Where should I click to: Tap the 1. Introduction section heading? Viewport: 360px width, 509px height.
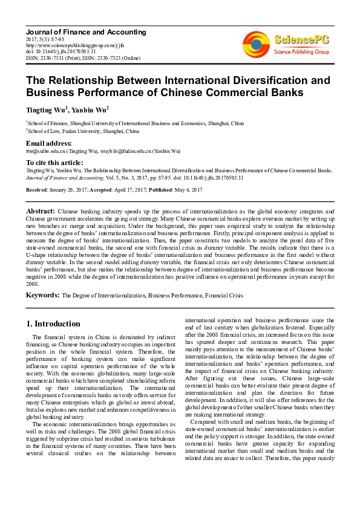pos(54,323)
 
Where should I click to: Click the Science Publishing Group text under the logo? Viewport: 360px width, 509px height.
pos(301,52)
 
